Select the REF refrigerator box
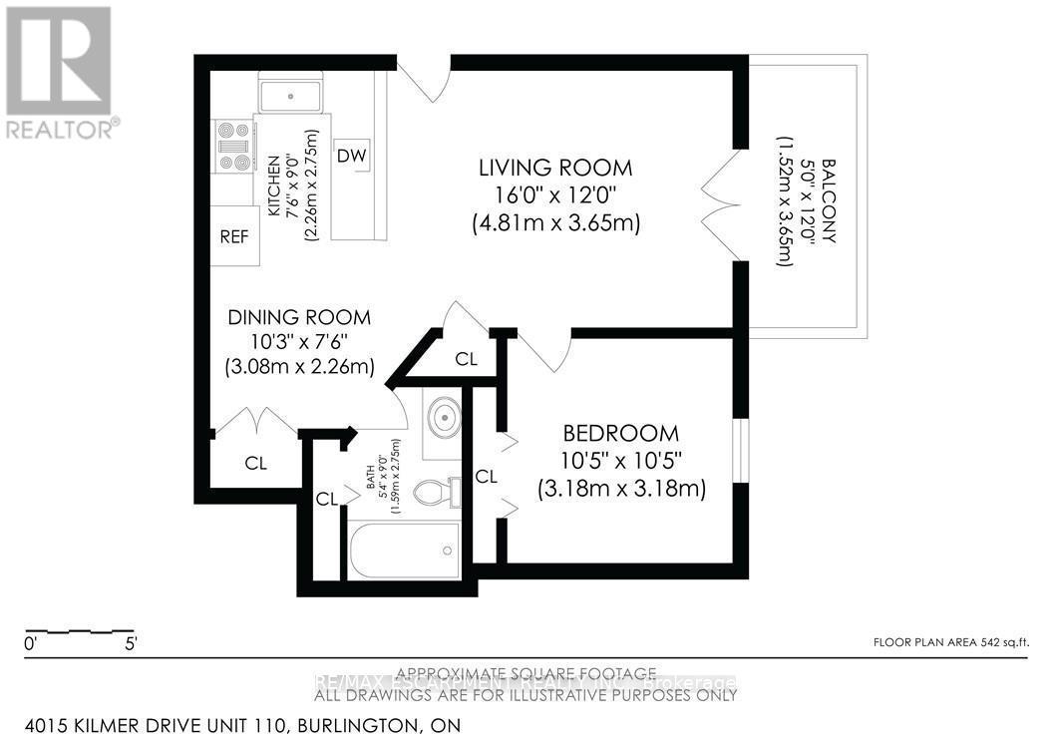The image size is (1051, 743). point(235,236)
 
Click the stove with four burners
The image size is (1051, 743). point(233,147)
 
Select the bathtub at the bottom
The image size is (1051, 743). point(404,551)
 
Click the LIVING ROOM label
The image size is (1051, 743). point(554,168)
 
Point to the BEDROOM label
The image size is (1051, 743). point(620,434)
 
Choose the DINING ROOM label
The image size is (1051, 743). point(299,317)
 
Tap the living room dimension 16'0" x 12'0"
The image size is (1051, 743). point(554,196)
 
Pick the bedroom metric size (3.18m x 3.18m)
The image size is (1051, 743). point(621,490)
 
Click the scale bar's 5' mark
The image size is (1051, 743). point(131,644)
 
